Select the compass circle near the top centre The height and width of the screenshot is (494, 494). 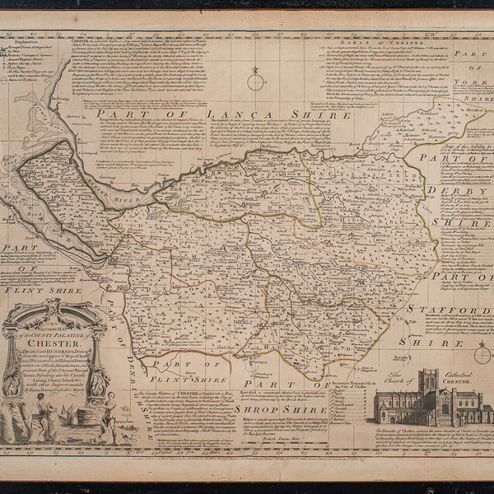(x=256, y=82)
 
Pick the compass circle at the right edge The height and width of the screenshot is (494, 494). (x=482, y=356)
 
